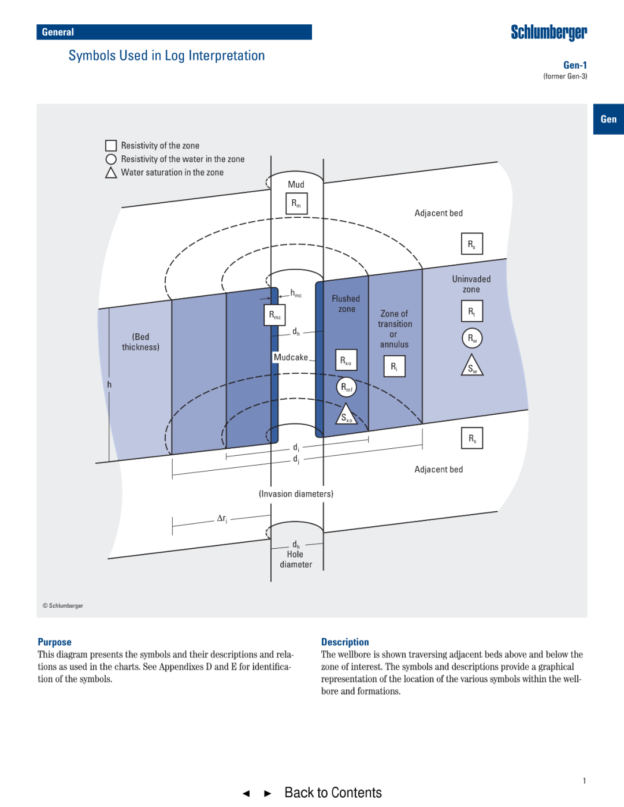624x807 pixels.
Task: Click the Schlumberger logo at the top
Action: coord(548,32)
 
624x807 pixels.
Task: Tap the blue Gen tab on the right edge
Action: coord(608,119)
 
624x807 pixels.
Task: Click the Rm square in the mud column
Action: coord(296,203)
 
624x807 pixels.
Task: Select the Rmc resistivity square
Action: coord(275,315)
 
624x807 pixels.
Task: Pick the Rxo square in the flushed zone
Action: coord(346,360)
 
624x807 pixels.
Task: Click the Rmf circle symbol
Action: coord(346,387)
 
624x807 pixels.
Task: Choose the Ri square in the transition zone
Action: coord(394,366)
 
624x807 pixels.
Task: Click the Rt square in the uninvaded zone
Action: coord(471,311)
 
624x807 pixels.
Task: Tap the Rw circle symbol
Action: coord(472,338)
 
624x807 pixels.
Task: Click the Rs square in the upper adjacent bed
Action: coord(471,244)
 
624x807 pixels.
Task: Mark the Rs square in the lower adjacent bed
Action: coord(471,438)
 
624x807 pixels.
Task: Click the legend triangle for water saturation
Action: coord(111,173)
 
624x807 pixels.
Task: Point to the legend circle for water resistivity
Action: coord(111,159)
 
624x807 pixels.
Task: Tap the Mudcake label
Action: coord(291,358)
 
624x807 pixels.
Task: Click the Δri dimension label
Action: coord(222,519)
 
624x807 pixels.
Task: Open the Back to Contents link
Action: coord(333,793)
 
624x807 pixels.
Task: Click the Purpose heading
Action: coord(54,642)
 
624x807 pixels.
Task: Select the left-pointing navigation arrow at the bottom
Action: coord(246,794)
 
